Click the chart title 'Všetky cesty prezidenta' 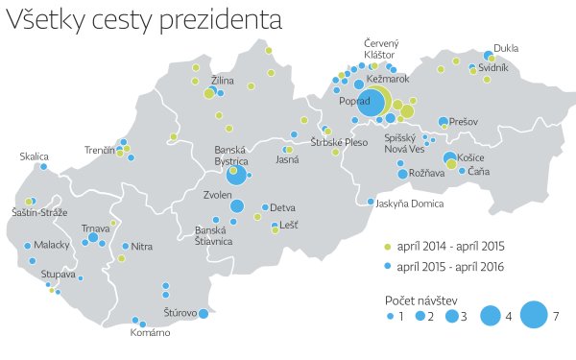pyautogui.click(x=145, y=20)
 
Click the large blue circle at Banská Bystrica pyautogui.click(x=235, y=175)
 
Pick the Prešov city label pyautogui.click(x=464, y=122)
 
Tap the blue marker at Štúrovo pyautogui.click(x=204, y=313)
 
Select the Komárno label pyautogui.click(x=151, y=333)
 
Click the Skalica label pyautogui.click(x=35, y=156)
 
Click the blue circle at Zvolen pyautogui.click(x=236, y=205)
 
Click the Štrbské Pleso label pyautogui.click(x=339, y=142)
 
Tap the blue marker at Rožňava pyautogui.click(x=402, y=173)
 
